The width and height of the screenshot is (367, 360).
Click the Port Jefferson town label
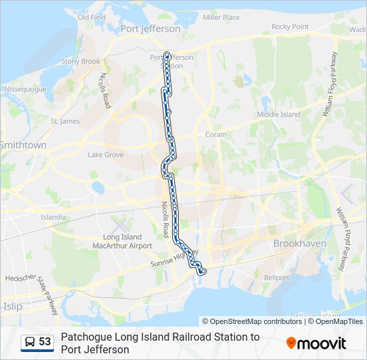tap(150, 29)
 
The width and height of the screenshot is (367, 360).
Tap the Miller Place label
tap(221, 17)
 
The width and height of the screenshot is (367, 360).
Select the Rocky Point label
tap(290, 27)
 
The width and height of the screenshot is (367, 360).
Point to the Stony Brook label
tap(81, 61)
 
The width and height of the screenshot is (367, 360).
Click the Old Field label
tap(92, 17)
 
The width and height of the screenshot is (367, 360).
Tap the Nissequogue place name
tap(25, 89)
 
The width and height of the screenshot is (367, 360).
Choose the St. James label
tap(65, 121)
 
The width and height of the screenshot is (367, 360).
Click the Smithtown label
tap(23, 145)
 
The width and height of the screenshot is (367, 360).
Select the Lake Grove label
tap(105, 155)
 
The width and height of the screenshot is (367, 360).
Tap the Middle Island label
tap(279, 115)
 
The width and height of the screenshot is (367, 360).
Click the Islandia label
tap(53, 217)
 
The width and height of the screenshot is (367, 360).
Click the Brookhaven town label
tap(300, 244)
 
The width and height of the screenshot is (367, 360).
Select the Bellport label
tap(276, 277)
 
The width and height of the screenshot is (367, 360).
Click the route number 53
tap(45, 341)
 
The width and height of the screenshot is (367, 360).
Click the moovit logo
tap(316, 343)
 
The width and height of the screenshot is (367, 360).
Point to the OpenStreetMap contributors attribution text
tap(252, 321)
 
